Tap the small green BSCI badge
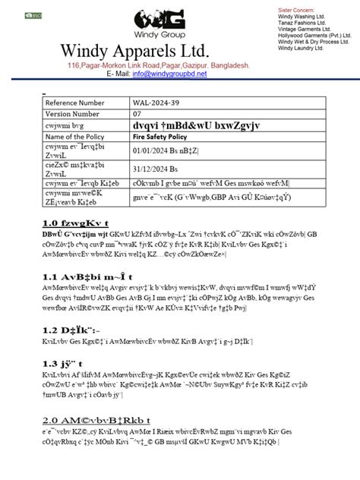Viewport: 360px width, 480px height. point(33,14)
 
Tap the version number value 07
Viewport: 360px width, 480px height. point(137,113)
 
